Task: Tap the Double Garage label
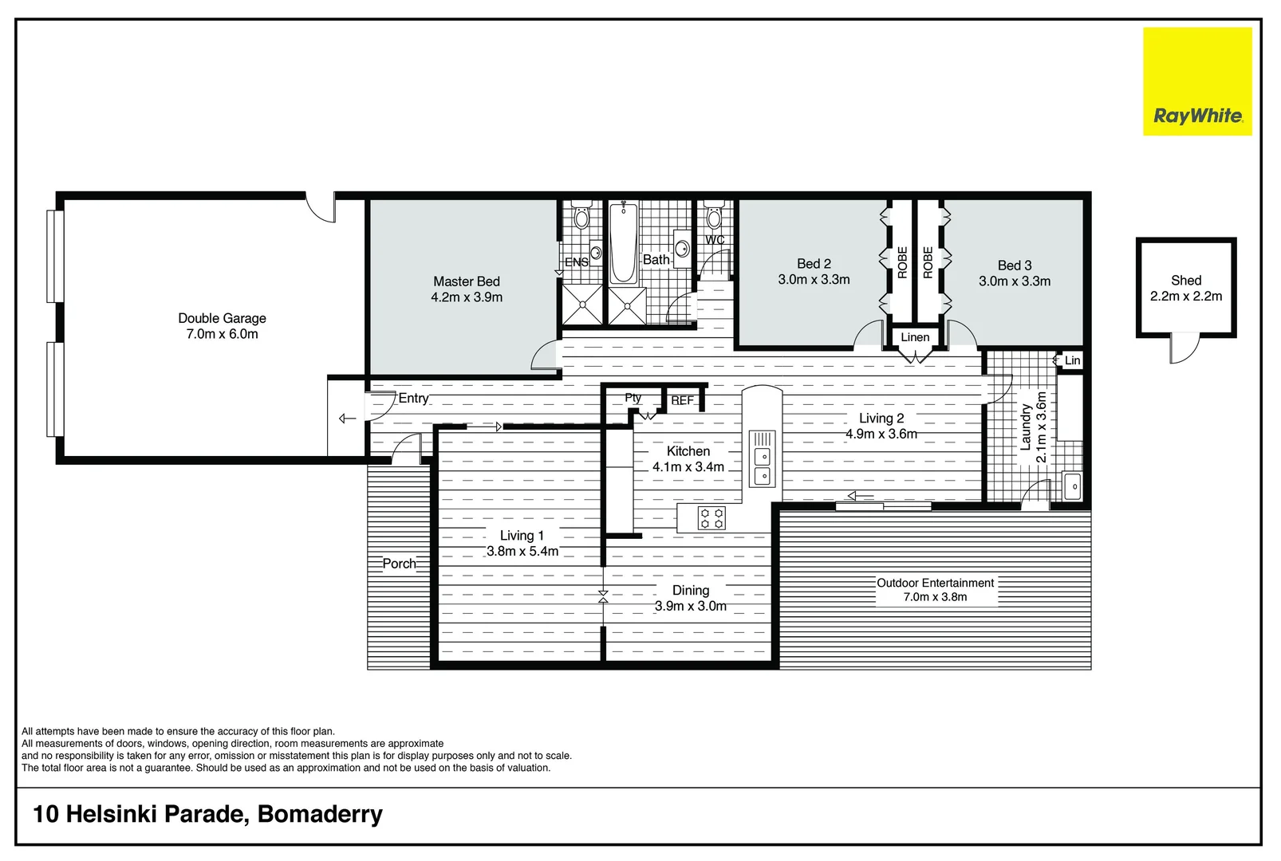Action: click(x=222, y=318)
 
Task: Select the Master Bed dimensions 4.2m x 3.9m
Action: click(x=467, y=297)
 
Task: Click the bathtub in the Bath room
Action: click(x=623, y=243)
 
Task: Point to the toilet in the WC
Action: click(x=714, y=217)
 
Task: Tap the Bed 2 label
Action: click(x=814, y=264)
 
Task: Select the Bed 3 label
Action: click(x=1015, y=265)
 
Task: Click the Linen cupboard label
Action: click(x=915, y=337)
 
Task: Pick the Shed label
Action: click(x=1185, y=281)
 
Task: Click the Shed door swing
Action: click(x=1185, y=349)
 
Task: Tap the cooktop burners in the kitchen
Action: click(x=711, y=518)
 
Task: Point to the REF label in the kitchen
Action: click(x=682, y=400)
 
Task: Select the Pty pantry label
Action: click(x=633, y=398)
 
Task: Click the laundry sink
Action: click(x=1073, y=486)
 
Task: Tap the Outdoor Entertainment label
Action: click(x=935, y=583)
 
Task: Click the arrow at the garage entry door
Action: click(x=347, y=419)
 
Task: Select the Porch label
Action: click(x=399, y=564)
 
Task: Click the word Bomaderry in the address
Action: click(x=320, y=814)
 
